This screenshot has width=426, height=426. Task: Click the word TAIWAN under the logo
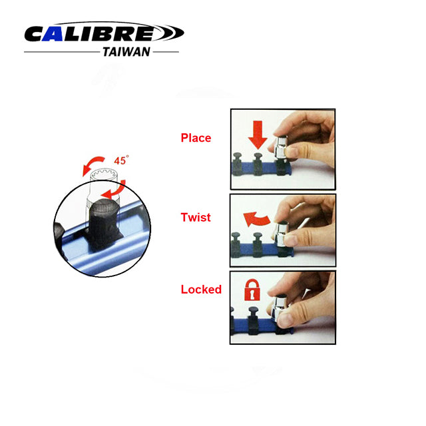point(126,52)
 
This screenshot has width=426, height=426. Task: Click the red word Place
point(196,138)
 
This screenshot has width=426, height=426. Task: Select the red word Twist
point(196,218)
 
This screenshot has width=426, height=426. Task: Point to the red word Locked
point(201,290)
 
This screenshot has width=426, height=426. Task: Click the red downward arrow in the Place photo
point(258,135)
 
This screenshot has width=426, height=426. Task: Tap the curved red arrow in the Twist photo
point(257,220)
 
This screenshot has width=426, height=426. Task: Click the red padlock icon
point(252,290)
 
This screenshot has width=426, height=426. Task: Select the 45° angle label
point(121,160)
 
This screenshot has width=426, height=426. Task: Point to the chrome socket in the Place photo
point(282,147)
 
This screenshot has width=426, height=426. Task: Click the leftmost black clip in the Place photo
point(238,164)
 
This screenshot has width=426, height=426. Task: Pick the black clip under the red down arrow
point(258,164)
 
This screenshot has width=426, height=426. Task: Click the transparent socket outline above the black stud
point(105,185)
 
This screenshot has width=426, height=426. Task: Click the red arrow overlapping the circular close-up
point(114,190)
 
